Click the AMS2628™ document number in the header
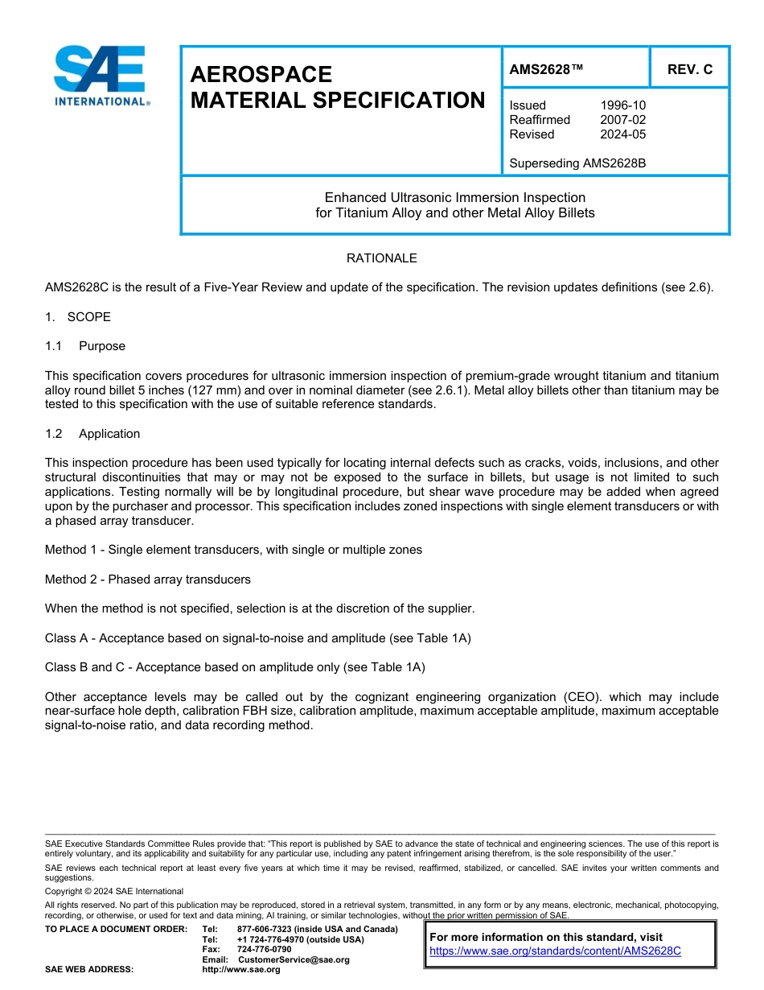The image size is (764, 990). tap(546, 70)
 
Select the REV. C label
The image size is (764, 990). tap(689, 70)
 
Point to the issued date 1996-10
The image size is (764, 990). tap(622, 105)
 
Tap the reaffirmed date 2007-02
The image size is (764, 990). tap(622, 120)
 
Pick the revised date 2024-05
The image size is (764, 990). tap(622, 134)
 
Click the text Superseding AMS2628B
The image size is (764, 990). tap(577, 163)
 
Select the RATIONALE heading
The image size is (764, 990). tap(381, 258)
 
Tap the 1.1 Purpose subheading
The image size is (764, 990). tap(85, 346)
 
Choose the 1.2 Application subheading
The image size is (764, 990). tap(92, 434)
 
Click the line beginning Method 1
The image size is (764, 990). tap(233, 550)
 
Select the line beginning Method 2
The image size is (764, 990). tap(148, 580)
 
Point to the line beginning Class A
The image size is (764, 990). tap(257, 638)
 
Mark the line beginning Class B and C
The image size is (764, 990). tap(235, 667)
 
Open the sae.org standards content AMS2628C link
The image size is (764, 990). tap(555, 951)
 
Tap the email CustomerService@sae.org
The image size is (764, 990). tap(294, 960)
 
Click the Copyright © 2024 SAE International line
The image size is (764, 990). tap(114, 892)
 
